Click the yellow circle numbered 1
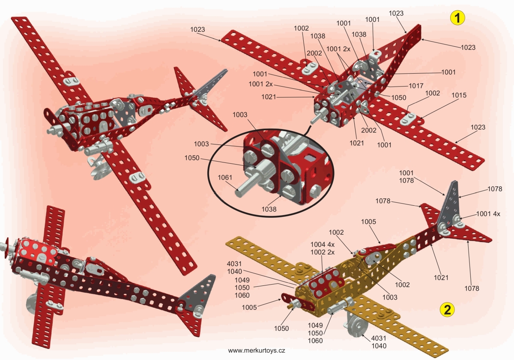click(457, 18)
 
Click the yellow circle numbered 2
click(447, 309)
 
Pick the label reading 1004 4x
click(322, 244)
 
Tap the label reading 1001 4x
click(488, 213)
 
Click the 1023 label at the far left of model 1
click(198, 30)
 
